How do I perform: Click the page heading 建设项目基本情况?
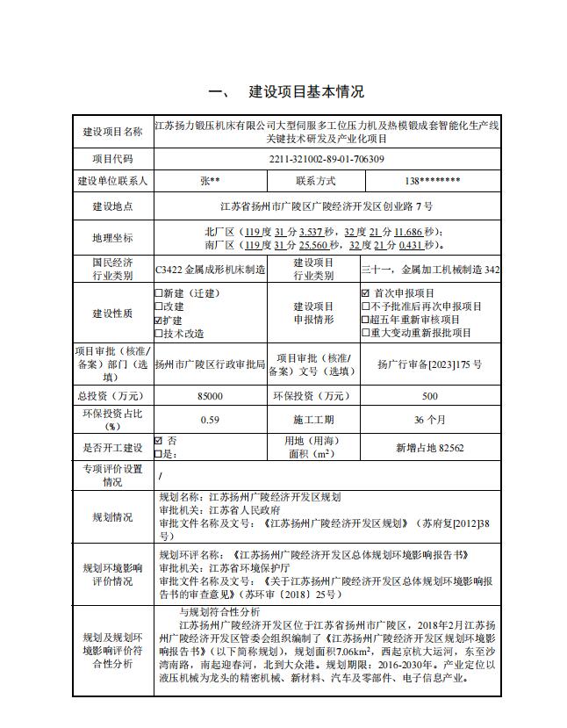tap(306, 92)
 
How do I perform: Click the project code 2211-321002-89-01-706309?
tap(327, 159)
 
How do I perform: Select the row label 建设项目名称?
tap(112, 132)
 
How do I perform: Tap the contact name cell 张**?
tap(210, 181)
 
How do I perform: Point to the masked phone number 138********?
tap(434, 181)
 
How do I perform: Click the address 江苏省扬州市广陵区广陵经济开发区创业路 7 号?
tap(327, 207)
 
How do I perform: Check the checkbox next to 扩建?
tap(158, 321)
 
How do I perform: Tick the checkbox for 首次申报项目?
tap(366, 293)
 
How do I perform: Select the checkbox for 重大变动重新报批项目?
tap(366, 333)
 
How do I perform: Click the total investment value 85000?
tap(211, 396)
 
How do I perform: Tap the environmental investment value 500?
tap(430, 396)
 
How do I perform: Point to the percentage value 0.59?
tap(211, 420)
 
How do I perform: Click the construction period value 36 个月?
tap(430, 420)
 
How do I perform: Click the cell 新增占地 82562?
tap(430, 448)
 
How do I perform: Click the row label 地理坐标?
tap(112, 238)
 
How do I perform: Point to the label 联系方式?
tap(315, 181)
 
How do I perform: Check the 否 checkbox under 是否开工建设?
tap(159, 441)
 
